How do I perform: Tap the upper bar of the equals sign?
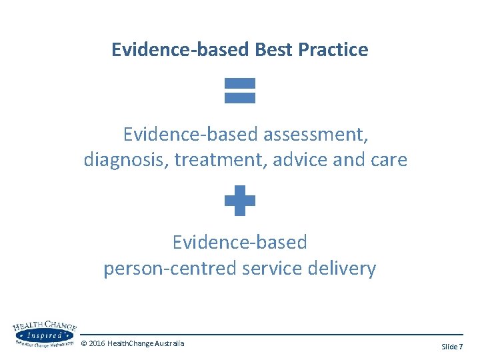pos(240,84)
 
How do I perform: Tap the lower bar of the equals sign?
pos(240,97)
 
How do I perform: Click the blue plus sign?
pos(240,201)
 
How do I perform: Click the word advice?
pos(298,161)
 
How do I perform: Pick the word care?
pos(385,161)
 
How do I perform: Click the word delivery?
pos(343,269)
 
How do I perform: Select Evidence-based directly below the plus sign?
pos(240,242)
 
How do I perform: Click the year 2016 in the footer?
pos(97,343)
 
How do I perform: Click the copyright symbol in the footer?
pos(83,343)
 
